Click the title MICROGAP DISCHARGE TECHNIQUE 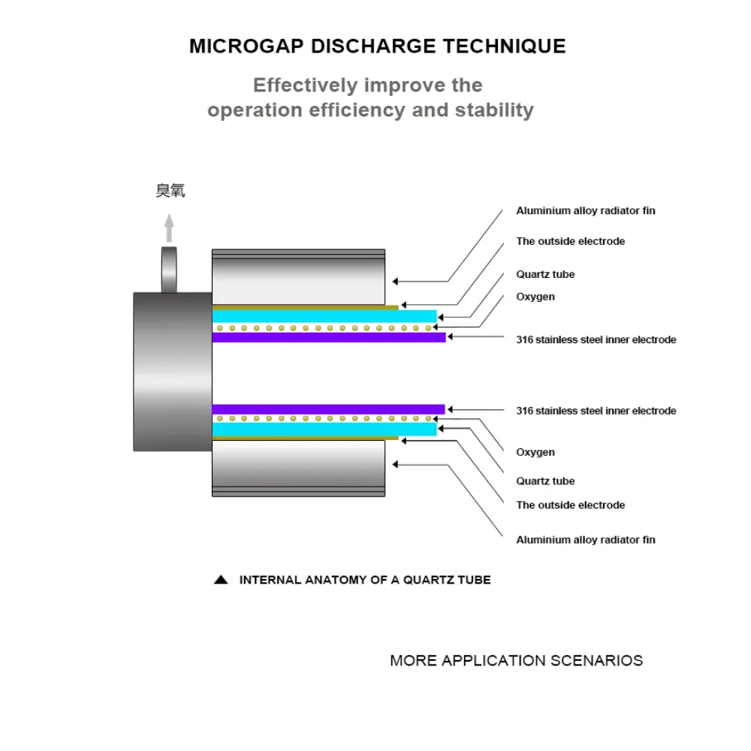(x=377, y=46)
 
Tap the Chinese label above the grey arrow (x=170, y=192)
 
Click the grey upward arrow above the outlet (x=170, y=228)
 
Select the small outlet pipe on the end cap (x=170, y=270)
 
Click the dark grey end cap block (x=172, y=372)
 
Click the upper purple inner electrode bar (x=328, y=337)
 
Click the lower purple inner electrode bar (x=328, y=409)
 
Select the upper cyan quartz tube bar (x=324, y=316)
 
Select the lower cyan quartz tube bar (x=324, y=429)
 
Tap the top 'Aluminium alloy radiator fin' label (x=585, y=211)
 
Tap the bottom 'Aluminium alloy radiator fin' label (x=585, y=540)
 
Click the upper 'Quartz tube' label (x=545, y=275)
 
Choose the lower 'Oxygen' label (x=535, y=452)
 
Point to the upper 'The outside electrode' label (x=570, y=242)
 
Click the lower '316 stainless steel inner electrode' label (x=596, y=411)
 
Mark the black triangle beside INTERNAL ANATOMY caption (x=221, y=580)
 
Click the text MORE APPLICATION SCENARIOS (x=516, y=661)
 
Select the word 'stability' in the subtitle (x=494, y=110)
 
